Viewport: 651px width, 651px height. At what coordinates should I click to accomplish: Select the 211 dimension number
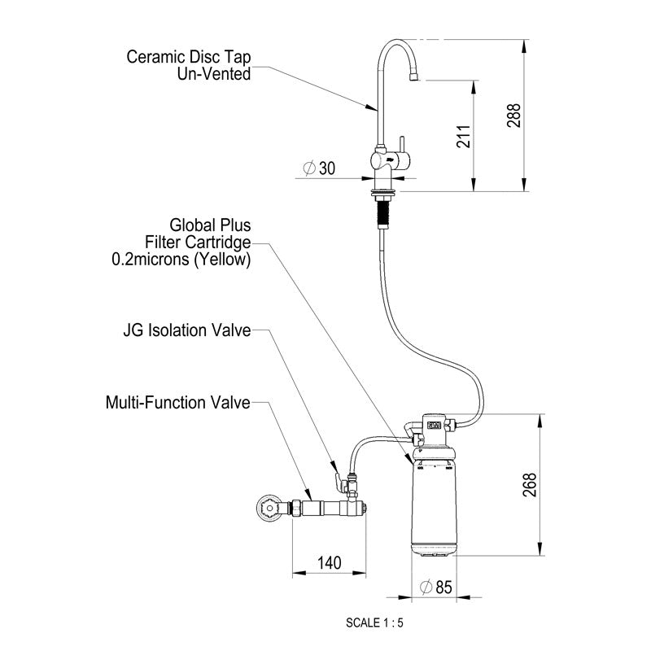point(463,136)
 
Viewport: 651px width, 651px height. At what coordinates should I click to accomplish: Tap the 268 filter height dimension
point(531,485)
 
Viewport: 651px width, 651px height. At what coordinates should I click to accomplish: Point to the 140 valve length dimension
point(330,561)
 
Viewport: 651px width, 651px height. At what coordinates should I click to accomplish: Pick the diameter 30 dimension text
point(320,168)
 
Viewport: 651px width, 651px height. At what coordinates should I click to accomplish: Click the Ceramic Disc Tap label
point(188,58)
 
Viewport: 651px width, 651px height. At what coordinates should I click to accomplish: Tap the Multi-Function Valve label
point(177,402)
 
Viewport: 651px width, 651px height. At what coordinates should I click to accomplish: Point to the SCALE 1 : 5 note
point(374,625)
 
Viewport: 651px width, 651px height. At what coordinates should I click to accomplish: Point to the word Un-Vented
point(214,73)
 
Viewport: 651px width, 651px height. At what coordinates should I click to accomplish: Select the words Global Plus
point(210,224)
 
